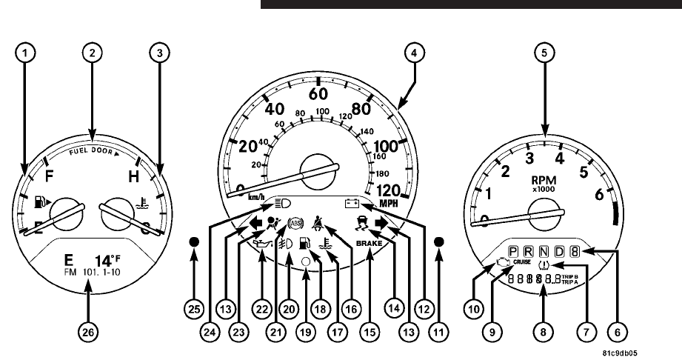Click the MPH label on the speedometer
389,202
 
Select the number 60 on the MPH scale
318,94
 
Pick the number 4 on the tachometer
560,157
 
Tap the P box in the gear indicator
515,252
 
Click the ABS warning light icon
295,221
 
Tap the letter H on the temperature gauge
134,178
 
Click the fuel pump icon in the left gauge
41,201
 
